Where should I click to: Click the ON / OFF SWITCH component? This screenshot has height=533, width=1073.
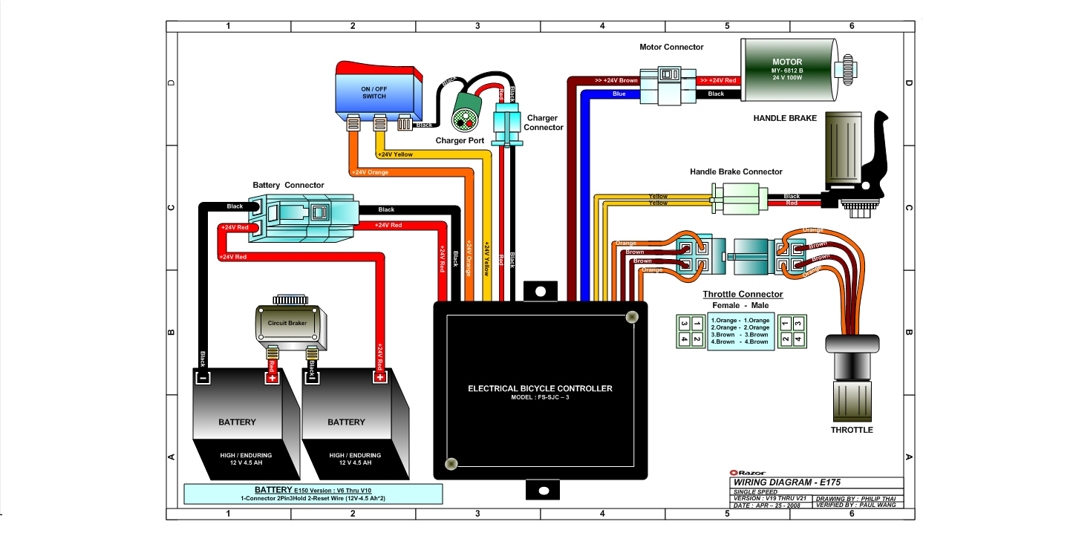pos(379,93)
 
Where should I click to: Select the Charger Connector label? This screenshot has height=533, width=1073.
pos(544,122)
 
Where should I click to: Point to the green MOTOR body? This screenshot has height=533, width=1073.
pos(786,71)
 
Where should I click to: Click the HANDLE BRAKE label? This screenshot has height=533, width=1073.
pos(785,118)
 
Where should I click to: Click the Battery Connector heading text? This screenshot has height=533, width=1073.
pos(288,185)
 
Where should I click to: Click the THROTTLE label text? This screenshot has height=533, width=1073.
pos(852,430)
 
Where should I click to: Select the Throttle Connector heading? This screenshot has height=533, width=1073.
pos(743,294)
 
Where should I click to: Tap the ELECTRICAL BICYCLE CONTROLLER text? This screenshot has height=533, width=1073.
pos(540,388)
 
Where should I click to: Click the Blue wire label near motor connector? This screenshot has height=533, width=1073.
pos(619,94)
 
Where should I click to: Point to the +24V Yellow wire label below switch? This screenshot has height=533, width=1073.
pos(395,154)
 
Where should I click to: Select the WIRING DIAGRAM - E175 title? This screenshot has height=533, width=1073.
pos(786,482)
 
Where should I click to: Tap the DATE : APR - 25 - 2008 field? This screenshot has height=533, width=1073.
pos(768,505)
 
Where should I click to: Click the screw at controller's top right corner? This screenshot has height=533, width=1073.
pos(631,317)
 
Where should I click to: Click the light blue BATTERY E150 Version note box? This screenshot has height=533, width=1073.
pos(313,494)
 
